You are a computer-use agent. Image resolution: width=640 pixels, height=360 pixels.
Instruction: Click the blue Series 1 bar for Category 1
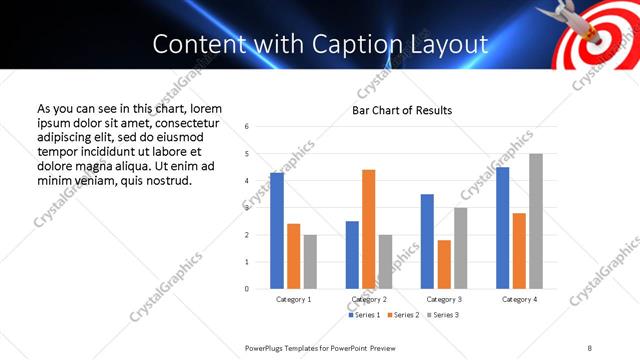click(x=277, y=231)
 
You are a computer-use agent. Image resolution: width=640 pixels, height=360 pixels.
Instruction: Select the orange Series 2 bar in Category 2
click(x=368, y=229)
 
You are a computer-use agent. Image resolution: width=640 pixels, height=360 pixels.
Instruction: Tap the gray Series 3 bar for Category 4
click(x=536, y=221)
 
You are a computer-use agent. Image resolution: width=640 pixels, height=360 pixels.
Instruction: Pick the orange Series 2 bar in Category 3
click(x=444, y=264)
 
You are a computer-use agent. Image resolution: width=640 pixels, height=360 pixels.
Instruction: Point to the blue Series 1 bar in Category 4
click(x=502, y=228)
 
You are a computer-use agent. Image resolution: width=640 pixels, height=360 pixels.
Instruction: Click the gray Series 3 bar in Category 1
click(x=310, y=262)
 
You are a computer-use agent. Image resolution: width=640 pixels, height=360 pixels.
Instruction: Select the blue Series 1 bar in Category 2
click(x=352, y=255)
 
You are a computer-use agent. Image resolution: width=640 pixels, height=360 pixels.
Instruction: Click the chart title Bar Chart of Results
click(x=401, y=110)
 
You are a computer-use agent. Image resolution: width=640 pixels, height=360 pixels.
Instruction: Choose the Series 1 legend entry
click(x=361, y=315)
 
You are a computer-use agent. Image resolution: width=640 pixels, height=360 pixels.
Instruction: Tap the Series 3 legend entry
click(x=443, y=315)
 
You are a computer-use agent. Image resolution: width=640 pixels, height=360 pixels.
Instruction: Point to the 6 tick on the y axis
click(x=247, y=127)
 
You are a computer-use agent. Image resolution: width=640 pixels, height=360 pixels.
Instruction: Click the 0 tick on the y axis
click(x=247, y=289)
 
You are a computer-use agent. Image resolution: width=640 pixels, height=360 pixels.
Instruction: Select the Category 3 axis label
click(x=444, y=299)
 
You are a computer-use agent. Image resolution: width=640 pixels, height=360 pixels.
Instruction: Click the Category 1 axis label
click(x=293, y=299)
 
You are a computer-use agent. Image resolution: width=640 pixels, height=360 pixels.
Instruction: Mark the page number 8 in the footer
click(x=589, y=347)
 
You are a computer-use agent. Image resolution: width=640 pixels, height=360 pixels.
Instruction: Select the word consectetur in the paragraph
click(x=181, y=122)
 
